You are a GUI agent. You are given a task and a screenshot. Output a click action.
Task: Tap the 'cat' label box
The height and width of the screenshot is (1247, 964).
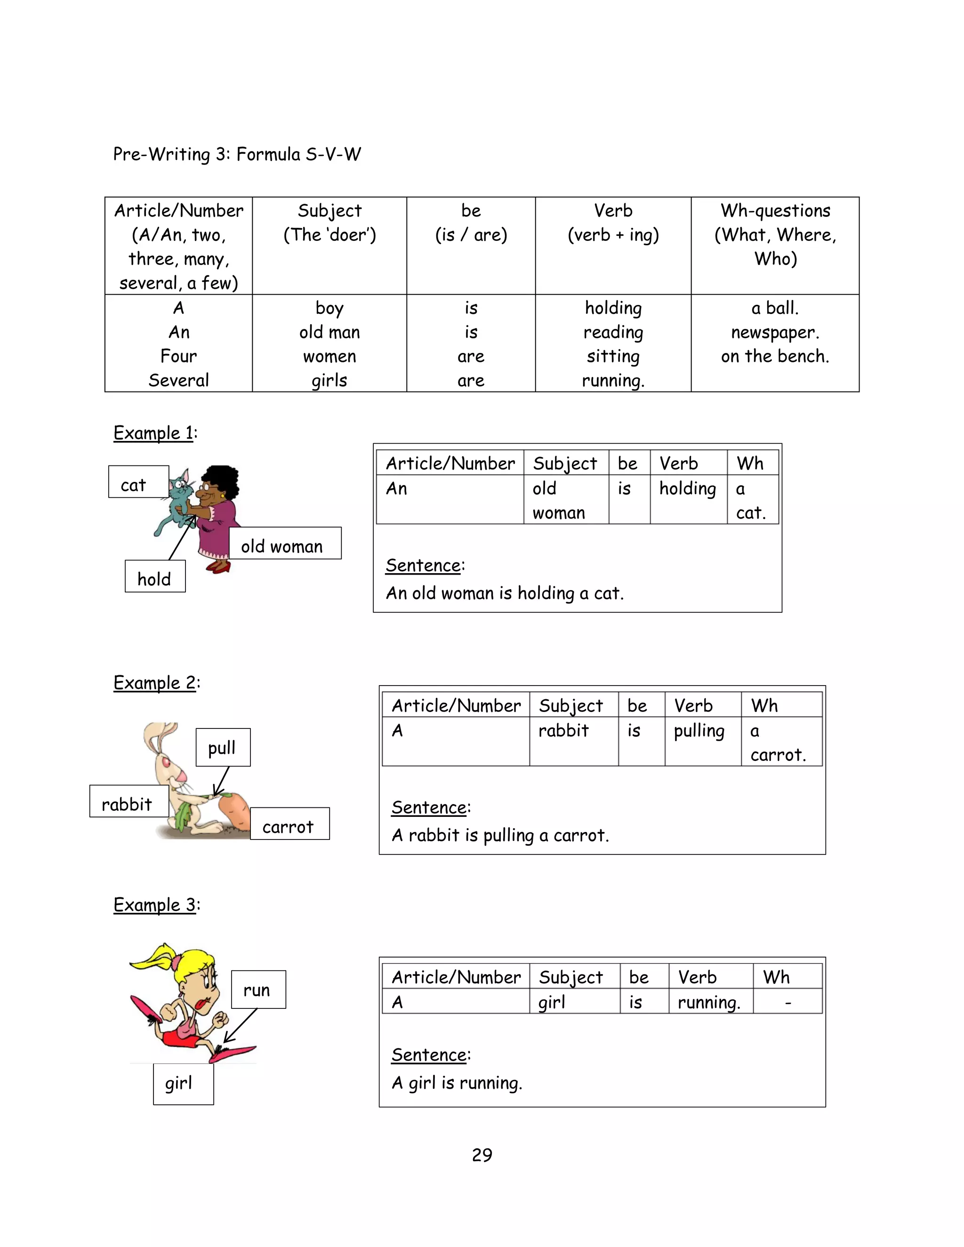tap(139, 482)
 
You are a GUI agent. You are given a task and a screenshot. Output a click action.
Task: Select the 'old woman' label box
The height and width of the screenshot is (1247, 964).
tap(285, 544)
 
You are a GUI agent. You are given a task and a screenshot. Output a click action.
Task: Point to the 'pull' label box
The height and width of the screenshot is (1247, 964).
tap(223, 747)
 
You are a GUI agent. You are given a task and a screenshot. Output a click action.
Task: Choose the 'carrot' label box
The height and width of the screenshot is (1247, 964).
tap(289, 823)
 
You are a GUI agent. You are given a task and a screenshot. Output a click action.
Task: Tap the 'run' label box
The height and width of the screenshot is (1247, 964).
tap(258, 990)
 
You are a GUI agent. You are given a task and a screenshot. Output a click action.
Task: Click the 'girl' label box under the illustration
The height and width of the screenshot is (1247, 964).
tap(183, 1084)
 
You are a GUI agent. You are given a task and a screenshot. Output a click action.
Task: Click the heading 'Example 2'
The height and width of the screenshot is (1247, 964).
tap(155, 682)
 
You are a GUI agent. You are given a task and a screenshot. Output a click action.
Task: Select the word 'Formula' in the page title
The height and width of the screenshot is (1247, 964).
tap(268, 154)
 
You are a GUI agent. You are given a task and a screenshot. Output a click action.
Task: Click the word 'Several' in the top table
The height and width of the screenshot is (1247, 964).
tap(179, 380)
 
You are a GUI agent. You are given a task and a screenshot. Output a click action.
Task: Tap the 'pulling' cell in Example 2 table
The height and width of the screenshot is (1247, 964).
tap(699, 731)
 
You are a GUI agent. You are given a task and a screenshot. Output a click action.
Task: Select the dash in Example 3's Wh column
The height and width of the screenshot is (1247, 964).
tap(788, 1002)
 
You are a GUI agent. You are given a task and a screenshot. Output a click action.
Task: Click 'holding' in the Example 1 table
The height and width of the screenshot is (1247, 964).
tap(688, 489)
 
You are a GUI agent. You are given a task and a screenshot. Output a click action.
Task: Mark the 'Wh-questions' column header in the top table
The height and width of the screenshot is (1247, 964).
tap(775, 211)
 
